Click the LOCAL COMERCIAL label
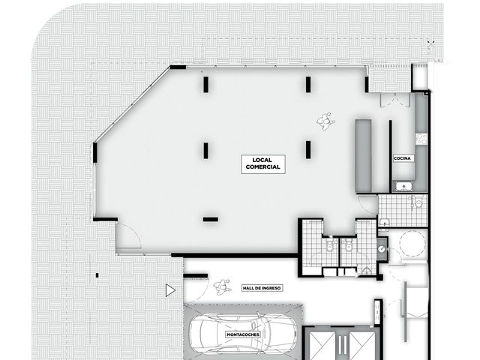click(263, 163)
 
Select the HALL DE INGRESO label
click(262, 288)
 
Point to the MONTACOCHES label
click(243, 334)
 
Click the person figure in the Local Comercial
click(325, 121)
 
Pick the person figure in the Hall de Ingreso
click(222, 287)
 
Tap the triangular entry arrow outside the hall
click(170, 290)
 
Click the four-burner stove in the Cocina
click(421, 139)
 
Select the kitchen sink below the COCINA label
click(404, 186)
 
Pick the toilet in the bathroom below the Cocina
click(418, 202)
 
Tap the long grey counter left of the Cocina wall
click(363, 156)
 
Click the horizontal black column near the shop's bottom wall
click(211, 220)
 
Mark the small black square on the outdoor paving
click(97, 275)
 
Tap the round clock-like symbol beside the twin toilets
click(382, 250)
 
